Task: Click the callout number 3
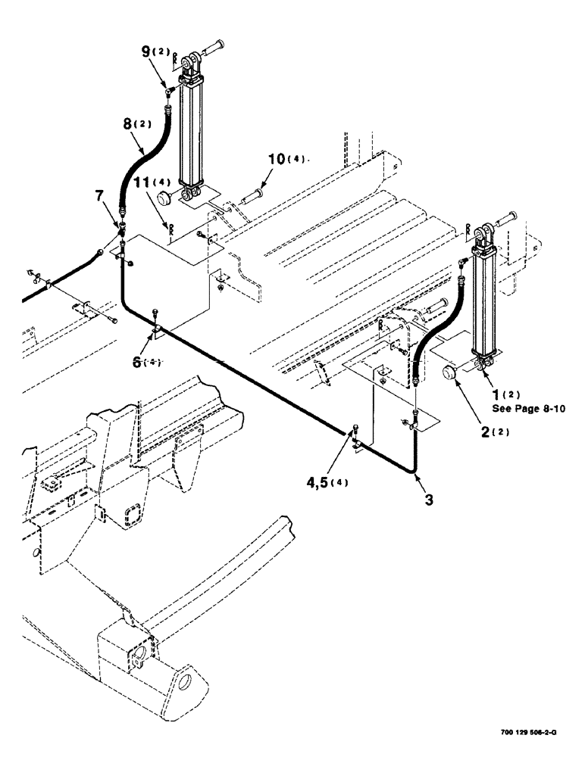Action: coord(430,500)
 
